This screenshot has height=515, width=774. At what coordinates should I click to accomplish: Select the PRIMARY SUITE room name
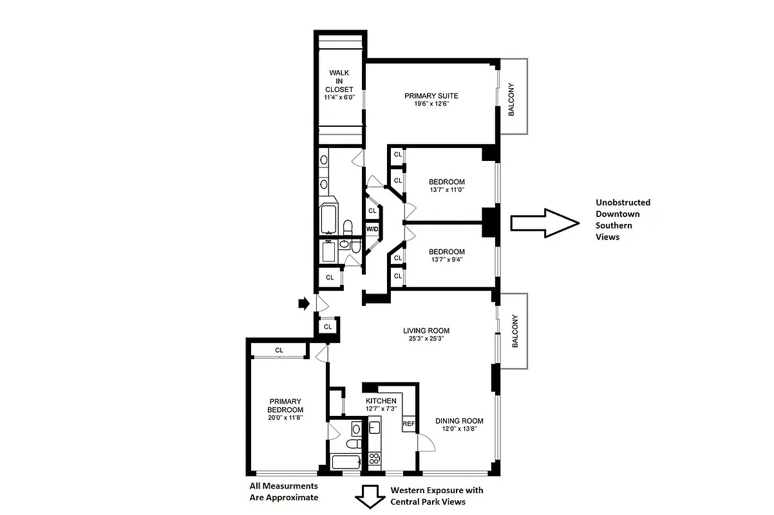coord(431,96)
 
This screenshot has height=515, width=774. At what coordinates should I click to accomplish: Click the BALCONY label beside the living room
coord(514,332)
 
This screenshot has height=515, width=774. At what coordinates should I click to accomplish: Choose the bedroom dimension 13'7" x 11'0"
coord(446,190)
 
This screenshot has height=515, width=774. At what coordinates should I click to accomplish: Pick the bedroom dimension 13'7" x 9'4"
coord(446,260)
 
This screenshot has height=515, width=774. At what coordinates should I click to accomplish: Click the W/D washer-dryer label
coord(372,229)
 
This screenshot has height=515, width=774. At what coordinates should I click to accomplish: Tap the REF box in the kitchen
coord(408,424)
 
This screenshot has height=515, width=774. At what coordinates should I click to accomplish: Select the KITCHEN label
coord(381,401)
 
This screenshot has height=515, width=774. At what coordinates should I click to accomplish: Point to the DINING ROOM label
coord(458,422)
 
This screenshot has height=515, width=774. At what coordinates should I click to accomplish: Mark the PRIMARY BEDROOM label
coord(285,406)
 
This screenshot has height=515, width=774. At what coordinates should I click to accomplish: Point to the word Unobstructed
coord(622,202)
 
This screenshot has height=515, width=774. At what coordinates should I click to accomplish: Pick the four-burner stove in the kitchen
coord(374,458)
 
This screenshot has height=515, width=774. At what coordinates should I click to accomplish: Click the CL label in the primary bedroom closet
coord(279,350)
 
